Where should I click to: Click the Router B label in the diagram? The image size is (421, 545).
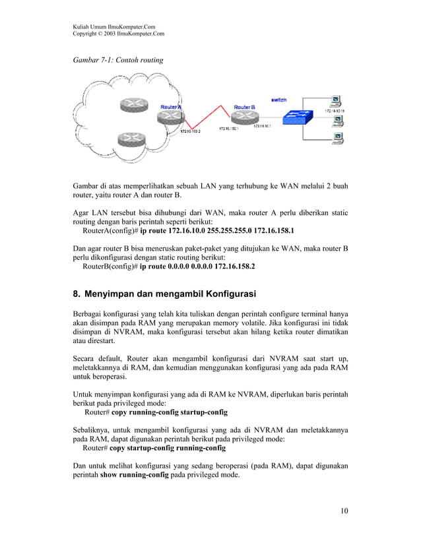click(x=243, y=107)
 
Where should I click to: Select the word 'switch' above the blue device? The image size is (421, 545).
click(x=278, y=100)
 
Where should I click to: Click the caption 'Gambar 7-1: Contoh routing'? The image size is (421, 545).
click(x=118, y=60)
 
